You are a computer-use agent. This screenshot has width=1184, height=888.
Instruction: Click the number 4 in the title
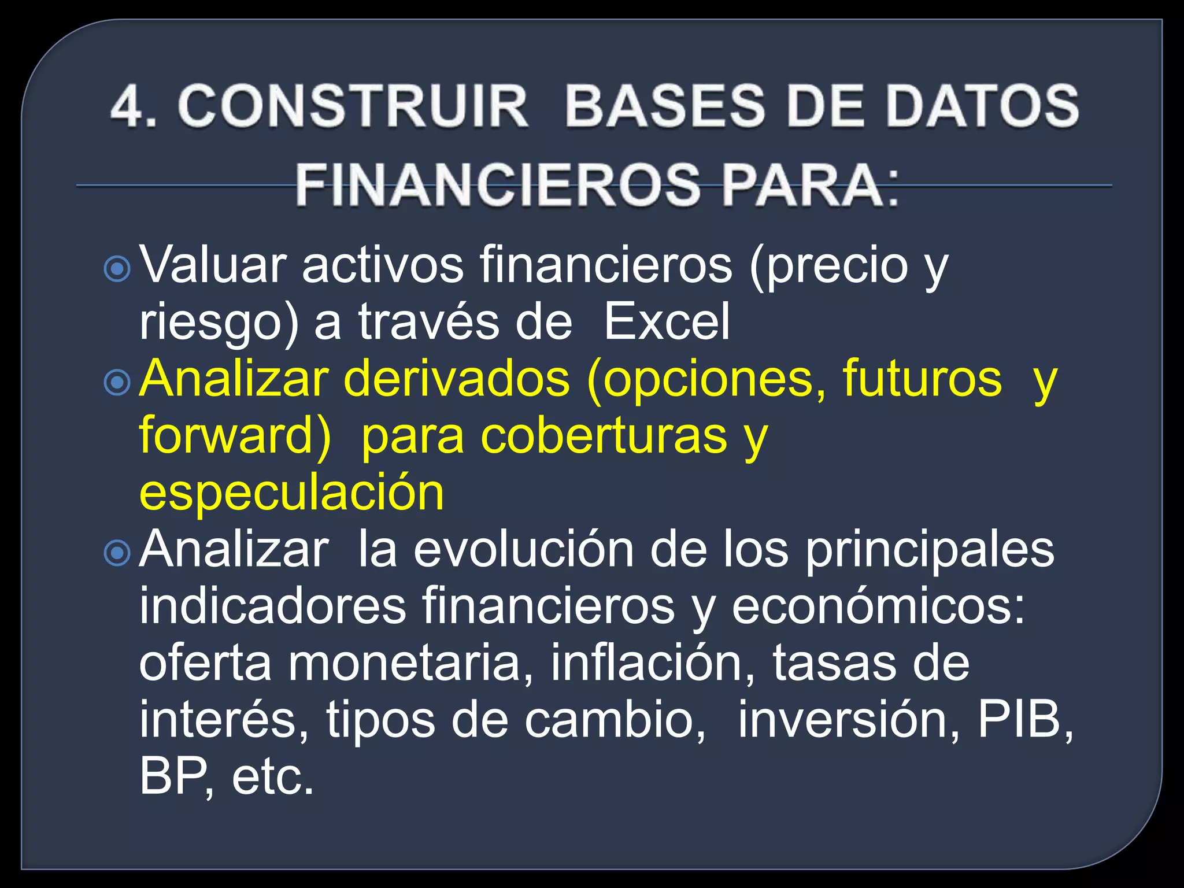click(x=128, y=106)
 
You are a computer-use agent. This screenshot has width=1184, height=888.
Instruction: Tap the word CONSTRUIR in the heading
click(x=353, y=106)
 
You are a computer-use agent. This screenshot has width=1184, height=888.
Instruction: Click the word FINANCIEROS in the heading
click(x=497, y=185)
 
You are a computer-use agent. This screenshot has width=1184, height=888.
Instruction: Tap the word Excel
click(x=666, y=322)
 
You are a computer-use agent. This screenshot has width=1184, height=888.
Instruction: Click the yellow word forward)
click(x=235, y=435)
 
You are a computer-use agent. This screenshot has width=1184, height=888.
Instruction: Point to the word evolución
click(x=523, y=550)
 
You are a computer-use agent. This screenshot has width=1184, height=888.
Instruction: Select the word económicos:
click(x=878, y=607)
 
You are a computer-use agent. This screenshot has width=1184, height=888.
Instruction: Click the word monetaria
click(x=410, y=663)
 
